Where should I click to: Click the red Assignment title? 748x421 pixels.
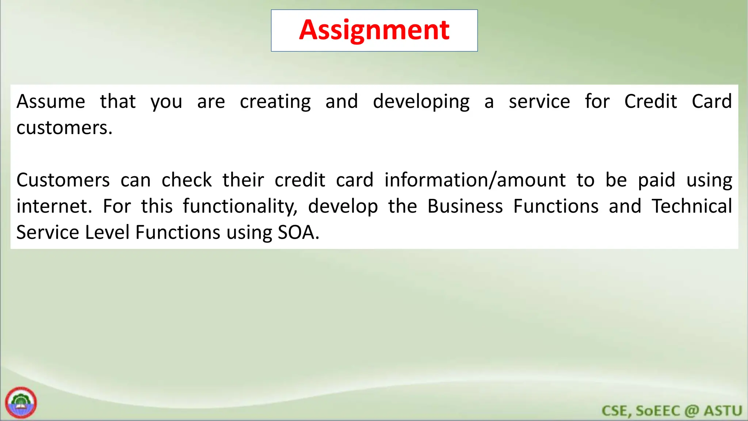tap(374, 30)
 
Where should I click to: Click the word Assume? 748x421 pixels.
tap(51, 102)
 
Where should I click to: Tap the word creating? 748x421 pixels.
tap(275, 102)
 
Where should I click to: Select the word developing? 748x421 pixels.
tap(421, 102)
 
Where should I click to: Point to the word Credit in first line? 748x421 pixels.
tap(650, 102)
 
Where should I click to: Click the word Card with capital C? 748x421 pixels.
tap(711, 102)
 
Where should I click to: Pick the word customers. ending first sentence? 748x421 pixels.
tap(64, 128)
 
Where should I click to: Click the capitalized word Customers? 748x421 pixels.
tap(63, 180)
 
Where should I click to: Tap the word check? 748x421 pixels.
tap(187, 180)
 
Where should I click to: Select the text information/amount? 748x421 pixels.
tap(475, 180)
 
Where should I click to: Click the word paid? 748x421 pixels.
tap(656, 180)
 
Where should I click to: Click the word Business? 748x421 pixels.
tap(465, 206)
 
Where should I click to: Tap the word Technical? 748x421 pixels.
tap(692, 206)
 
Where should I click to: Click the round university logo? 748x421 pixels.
tap(21, 402)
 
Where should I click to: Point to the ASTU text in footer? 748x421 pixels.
tap(723, 411)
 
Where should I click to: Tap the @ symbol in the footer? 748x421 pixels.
tap(691, 411)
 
